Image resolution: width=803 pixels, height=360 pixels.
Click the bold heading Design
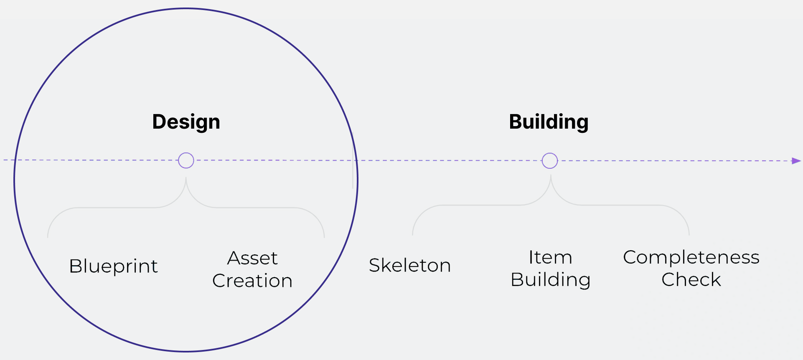coord(186,122)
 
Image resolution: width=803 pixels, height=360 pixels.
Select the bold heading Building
coord(549,122)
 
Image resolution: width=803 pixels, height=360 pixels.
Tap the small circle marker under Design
coord(186,160)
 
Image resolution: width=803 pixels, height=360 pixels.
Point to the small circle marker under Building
coord(550,160)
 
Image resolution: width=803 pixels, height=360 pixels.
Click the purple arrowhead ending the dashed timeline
coord(796,161)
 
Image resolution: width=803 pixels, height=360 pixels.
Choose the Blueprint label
coord(114,266)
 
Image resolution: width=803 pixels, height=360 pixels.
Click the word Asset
coord(252,258)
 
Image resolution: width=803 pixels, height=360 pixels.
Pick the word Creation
coord(252,281)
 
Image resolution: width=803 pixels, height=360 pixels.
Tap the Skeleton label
coord(410,265)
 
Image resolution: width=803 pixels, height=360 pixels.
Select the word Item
coord(550,257)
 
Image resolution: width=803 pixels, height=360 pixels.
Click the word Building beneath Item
coord(550,280)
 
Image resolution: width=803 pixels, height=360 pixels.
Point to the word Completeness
coord(691,257)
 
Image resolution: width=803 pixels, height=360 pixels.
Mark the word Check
coord(691,280)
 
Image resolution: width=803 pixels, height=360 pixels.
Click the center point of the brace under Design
coord(186,179)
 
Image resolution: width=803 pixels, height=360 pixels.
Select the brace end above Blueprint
coord(48,236)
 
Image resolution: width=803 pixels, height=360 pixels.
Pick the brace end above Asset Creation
coord(324,236)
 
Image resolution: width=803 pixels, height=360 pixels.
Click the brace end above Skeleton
coord(413,234)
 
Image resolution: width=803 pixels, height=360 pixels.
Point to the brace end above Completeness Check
coord(689,234)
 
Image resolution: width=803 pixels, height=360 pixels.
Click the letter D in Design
coord(159,122)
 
